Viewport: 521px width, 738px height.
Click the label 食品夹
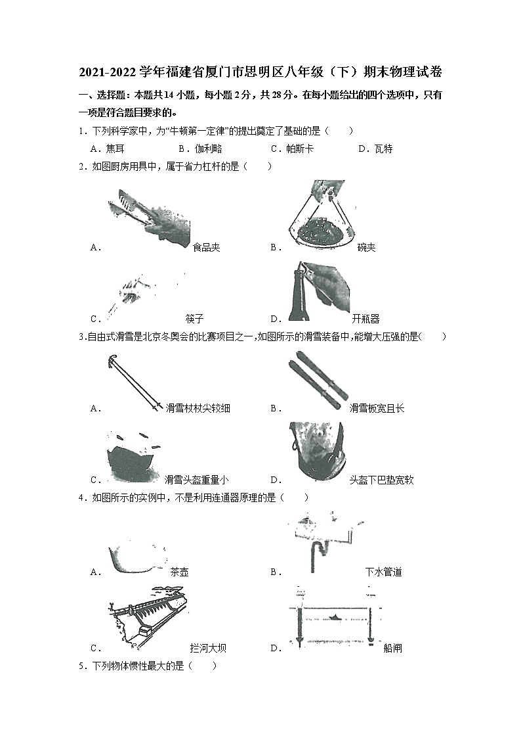(206, 248)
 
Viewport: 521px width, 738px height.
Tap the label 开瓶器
(365, 319)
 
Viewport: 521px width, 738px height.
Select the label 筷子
(195, 319)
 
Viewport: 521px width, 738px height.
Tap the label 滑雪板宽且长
(377, 408)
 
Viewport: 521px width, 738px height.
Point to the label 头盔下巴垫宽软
(382, 480)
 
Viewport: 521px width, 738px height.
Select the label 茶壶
(179, 572)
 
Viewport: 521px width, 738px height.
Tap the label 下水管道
(383, 572)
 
